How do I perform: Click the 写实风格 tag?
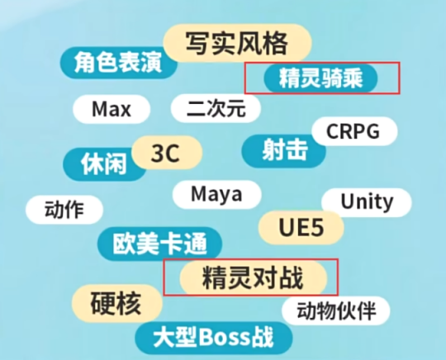click(x=237, y=43)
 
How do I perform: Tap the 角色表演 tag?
click(x=118, y=63)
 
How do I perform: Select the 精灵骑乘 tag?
click(x=320, y=78)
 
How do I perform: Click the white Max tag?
click(x=111, y=109)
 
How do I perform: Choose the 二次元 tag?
click(x=216, y=109)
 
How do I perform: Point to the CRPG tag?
click(x=354, y=131)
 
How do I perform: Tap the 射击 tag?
click(x=284, y=151)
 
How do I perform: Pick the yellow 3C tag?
click(x=166, y=153)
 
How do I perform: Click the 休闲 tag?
click(x=104, y=164)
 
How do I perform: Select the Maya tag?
click(x=216, y=195)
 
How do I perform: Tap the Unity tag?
click(x=367, y=202)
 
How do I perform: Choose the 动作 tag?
click(x=64, y=210)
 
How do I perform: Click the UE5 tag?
click(x=301, y=228)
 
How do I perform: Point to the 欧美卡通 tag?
click(x=159, y=244)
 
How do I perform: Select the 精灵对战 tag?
click(x=254, y=277)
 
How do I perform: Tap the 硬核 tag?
click(x=116, y=303)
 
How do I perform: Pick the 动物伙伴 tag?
click(x=336, y=310)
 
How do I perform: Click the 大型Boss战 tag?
click(x=214, y=338)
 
